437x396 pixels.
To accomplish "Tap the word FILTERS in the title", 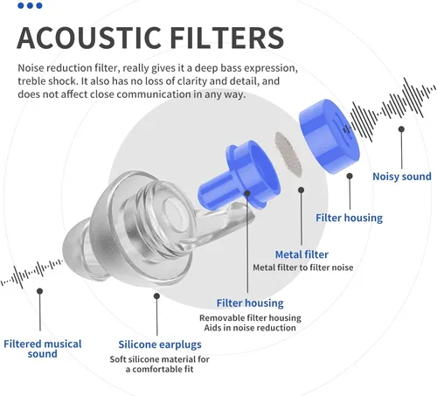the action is tap(226, 38).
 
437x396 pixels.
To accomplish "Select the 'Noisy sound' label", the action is tap(402, 177).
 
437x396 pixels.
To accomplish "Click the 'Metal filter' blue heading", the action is tap(302, 254).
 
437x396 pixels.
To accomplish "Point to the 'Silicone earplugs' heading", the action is tap(160, 344).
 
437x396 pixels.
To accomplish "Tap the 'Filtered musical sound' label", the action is tap(43, 349).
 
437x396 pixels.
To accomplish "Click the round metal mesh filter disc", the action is tap(288, 154).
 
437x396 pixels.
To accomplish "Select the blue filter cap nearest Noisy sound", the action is tap(329, 136).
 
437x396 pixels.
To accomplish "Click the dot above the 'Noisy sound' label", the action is tap(401, 129).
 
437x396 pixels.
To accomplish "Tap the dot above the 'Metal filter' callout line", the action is tap(302, 190).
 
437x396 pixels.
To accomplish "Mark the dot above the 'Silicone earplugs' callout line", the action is tap(156, 296).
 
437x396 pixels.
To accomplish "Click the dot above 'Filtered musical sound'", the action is tap(40, 291).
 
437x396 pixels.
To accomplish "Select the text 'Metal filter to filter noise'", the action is tap(303, 267).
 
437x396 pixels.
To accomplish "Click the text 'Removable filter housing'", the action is tap(250, 317).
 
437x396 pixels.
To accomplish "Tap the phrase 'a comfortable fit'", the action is tap(160, 369).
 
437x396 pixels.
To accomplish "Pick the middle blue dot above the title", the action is tap(30, 5).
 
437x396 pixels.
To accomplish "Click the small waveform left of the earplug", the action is tap(31, 273).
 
